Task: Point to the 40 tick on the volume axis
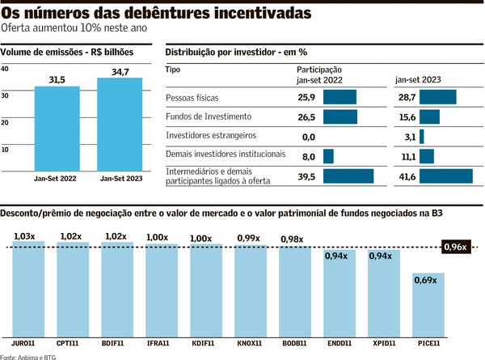[x=6, y=70]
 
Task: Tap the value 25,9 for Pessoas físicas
[x=306, y=97]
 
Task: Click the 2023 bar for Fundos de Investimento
[x=429, y=116]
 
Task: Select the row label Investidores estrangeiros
[x=211, y=136]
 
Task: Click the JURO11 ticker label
[x=23, y=344]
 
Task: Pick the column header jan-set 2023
[x=418, y=78]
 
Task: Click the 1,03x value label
[x=23, y=236]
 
